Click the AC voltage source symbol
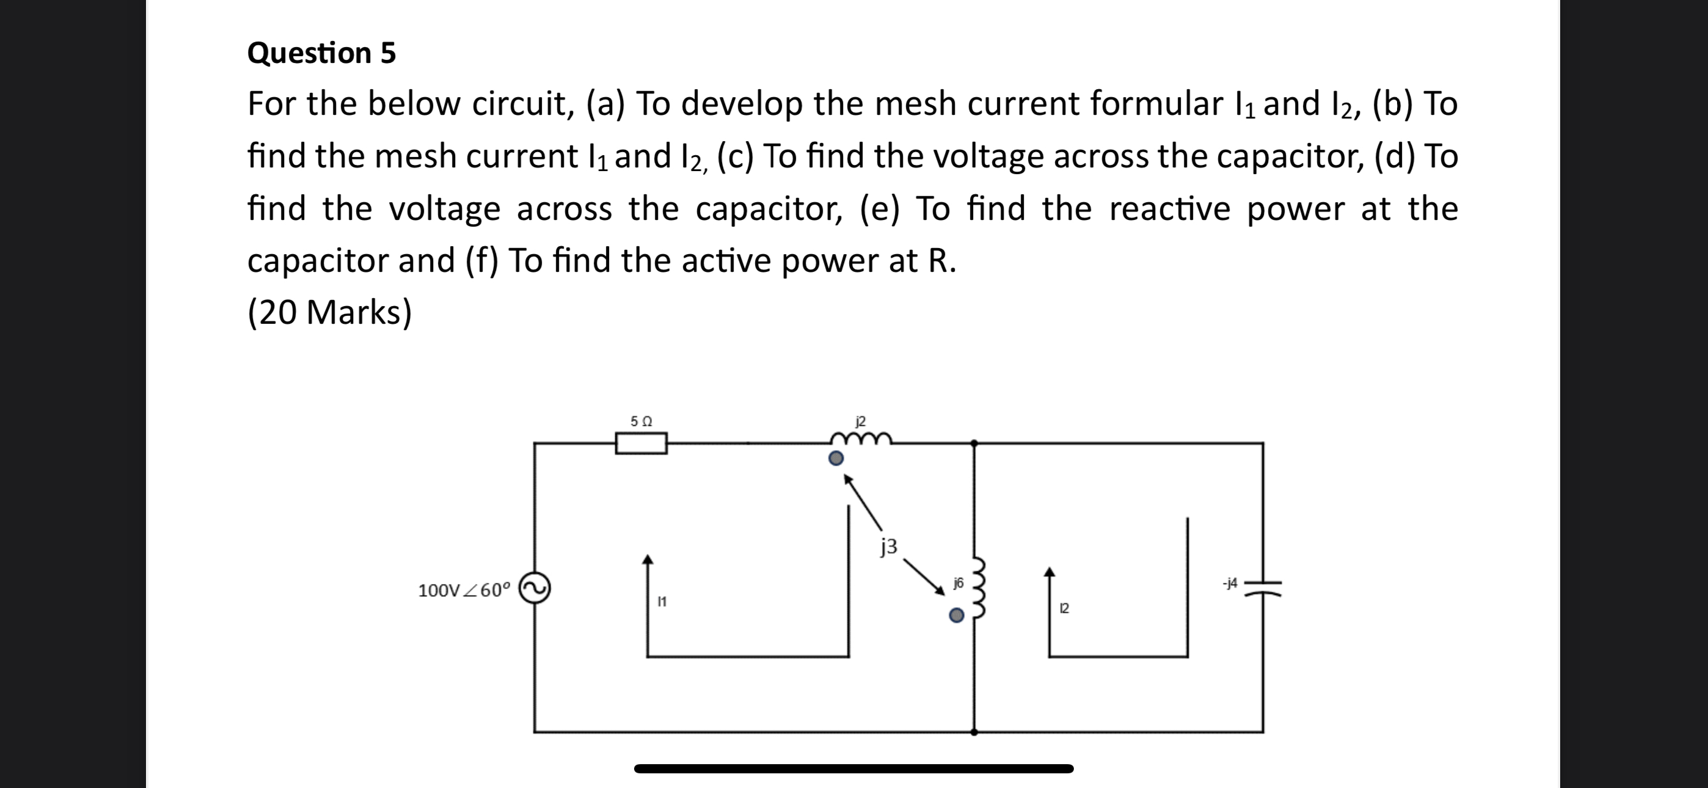[x=535, y=588]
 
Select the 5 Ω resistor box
[x=641, y=443]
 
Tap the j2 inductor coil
[x=861, y=439]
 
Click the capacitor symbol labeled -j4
[x=1263, y=588]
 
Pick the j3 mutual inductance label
[x=889, y=546]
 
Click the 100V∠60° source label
[x=464, y=589]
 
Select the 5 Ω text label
[x=641, y=421]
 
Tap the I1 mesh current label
[x=662, y=602]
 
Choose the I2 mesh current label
[x=1064, y=608]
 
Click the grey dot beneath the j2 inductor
[x=837, y=458]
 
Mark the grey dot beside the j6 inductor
[x=956, y=616]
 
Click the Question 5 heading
[x=321, y=53]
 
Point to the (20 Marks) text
[x=329, y=312]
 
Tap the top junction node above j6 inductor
[x=974, y=442]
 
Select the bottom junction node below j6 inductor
[x=974, y=732]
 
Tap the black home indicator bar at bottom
[x=853, y=769]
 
